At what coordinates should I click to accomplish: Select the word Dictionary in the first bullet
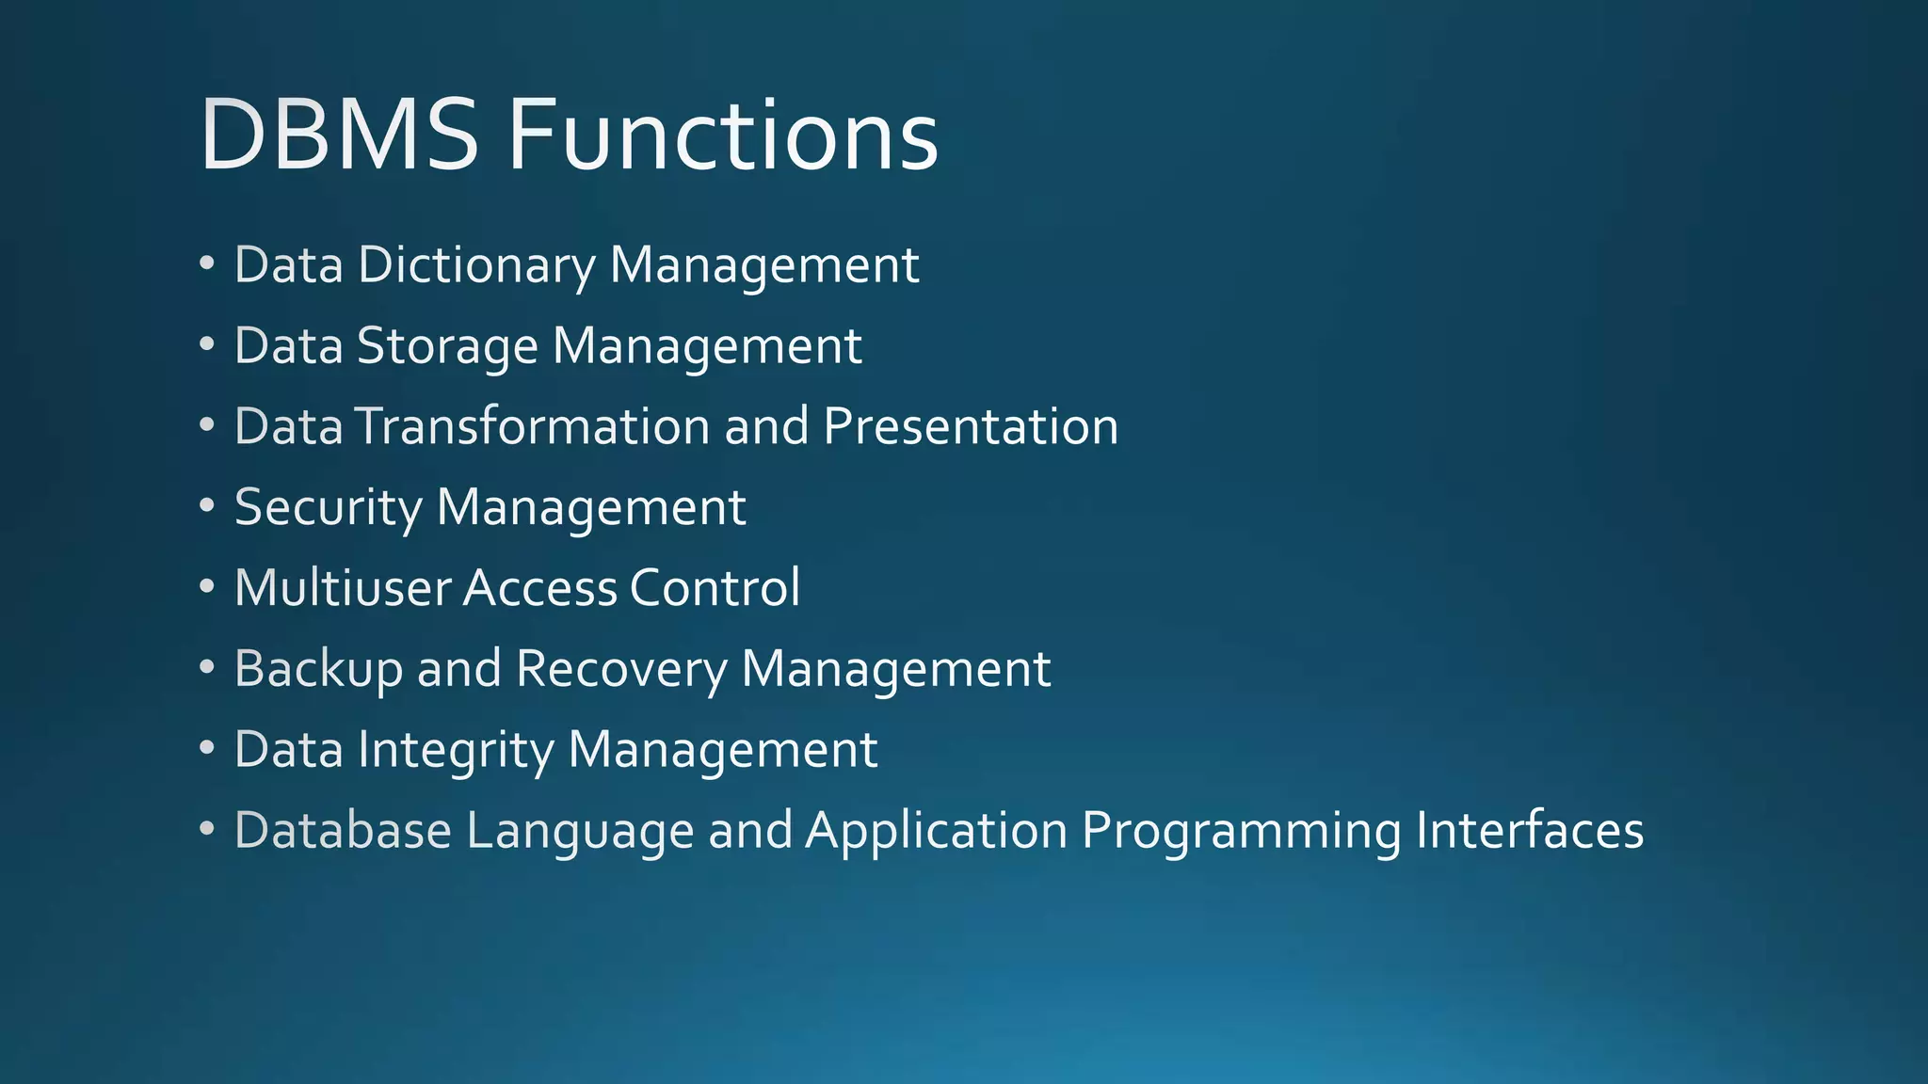click(476, 265)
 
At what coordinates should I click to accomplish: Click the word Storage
click(447, 346)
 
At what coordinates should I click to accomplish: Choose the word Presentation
click(971, 426)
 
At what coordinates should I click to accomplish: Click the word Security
click(329, 508)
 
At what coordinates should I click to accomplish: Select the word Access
click(539, 588)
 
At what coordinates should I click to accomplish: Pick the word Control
click(715, 588)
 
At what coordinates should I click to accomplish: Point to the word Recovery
click(621, 669)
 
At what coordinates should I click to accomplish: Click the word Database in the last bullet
click(343, 831)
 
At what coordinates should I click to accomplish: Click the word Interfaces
click(1530, 831)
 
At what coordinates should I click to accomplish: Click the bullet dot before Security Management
click(207, 506)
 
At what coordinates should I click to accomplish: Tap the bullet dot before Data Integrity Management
click(207, 749)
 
